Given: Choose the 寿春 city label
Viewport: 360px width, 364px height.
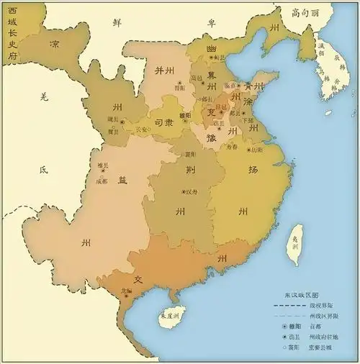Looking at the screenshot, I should point(230,147).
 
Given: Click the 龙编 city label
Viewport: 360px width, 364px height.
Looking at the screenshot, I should point(127,292).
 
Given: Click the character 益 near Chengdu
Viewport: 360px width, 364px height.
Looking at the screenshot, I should point(122,181).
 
